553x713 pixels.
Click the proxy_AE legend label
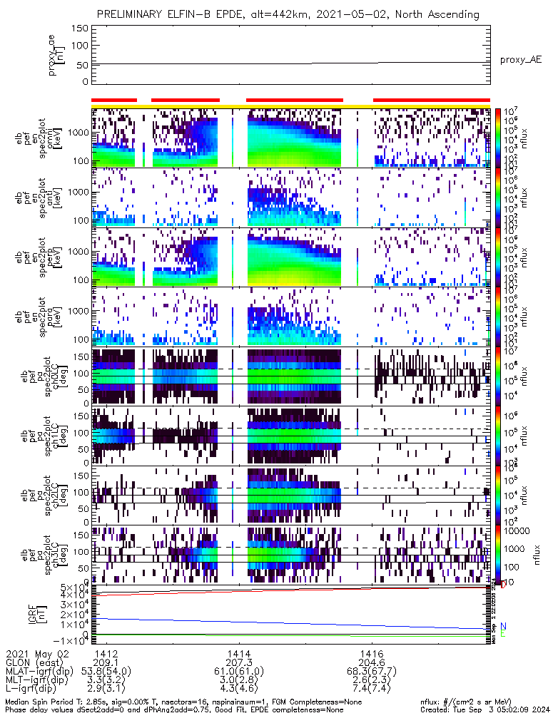(520, 60)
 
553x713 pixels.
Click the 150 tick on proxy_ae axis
(80, 29)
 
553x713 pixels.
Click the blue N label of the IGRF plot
(503, 626)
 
